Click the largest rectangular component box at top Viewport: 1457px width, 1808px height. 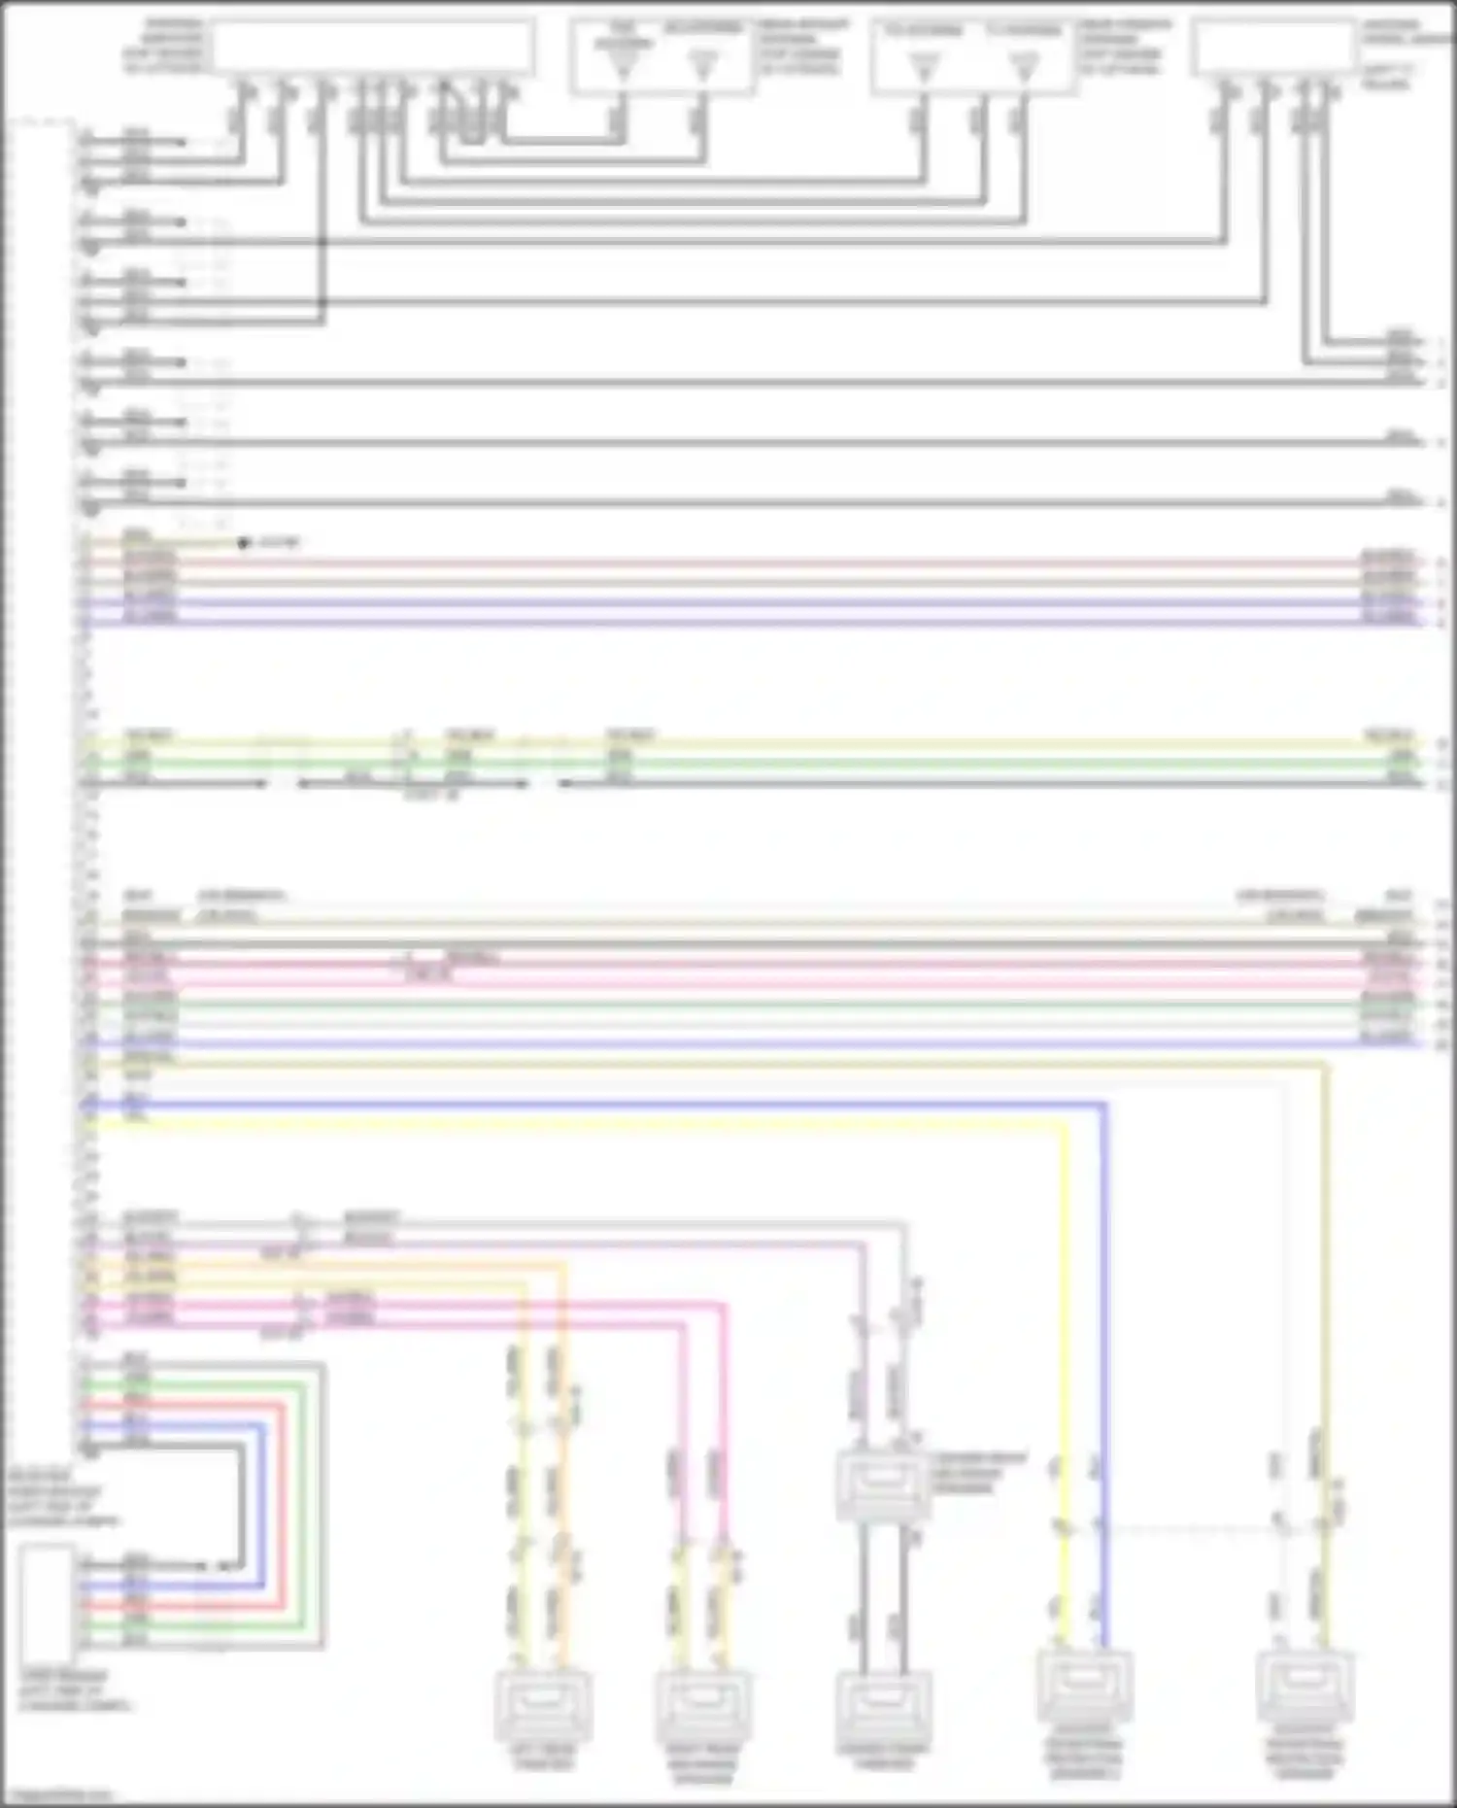pos(373,47)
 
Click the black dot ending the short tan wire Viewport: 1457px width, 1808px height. pos(243,543)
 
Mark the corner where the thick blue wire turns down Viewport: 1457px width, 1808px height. pos(1104,1105)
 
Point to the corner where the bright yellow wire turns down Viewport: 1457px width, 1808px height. pos(1064,1124)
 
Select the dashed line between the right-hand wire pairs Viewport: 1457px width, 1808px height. pos(1190,1530)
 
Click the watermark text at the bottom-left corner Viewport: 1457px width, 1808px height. pos(56,1796)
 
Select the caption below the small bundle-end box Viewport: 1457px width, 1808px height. pos(74,1691)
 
